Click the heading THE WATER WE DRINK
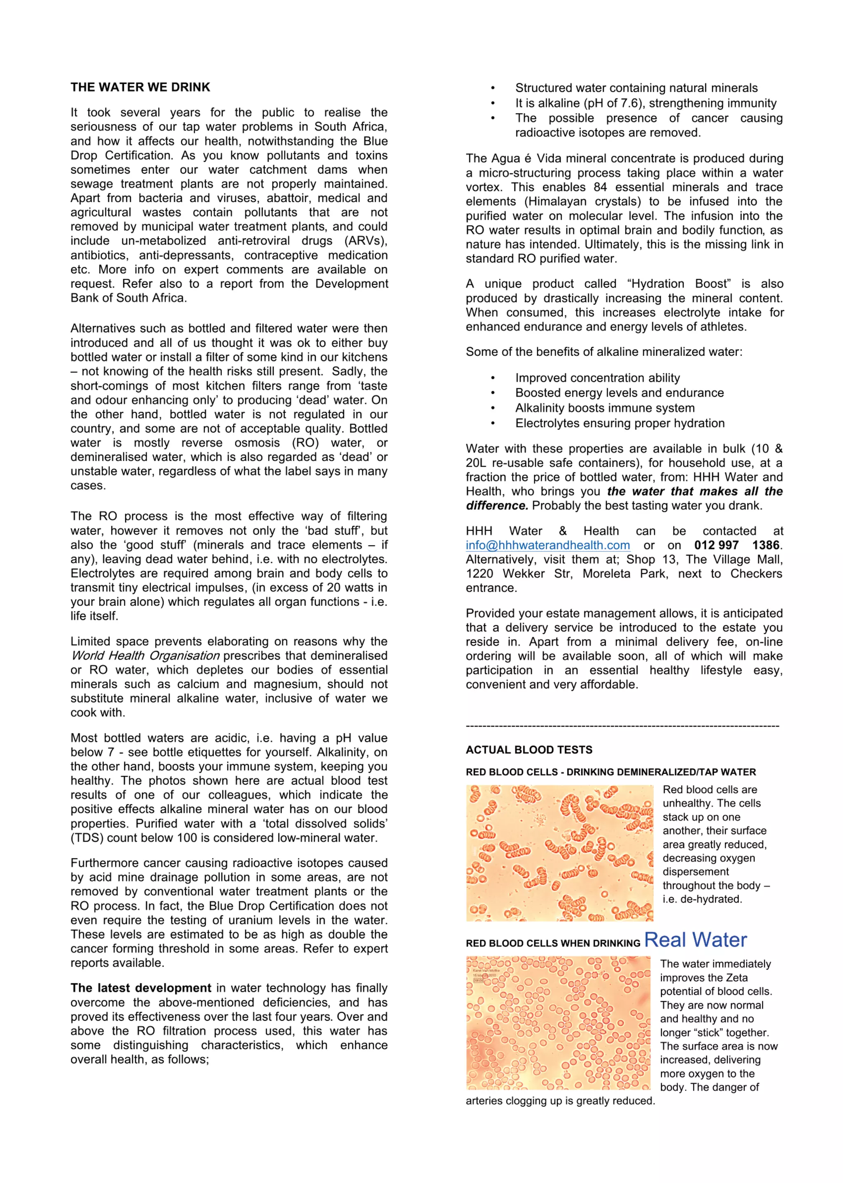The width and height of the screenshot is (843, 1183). (x=140, y=87)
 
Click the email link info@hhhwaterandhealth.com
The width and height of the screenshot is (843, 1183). (x=547, y=545)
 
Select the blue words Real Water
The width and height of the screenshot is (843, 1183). (x=695, y=940)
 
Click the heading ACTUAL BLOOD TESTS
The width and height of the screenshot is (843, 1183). (x=529, y=750)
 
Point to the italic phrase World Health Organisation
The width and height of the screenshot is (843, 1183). (x=145, y=656)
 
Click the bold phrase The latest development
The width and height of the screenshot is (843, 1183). (x=141, y=988)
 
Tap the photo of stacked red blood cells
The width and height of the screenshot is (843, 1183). (x=559, y=853)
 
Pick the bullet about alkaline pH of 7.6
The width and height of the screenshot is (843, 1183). (x=645, y=103)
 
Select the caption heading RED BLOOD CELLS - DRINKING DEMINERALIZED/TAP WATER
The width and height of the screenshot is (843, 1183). (x=610, y=772)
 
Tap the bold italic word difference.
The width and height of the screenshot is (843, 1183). (x=496, y=506)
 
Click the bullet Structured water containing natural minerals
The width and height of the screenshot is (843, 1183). (x=636, y=88)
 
